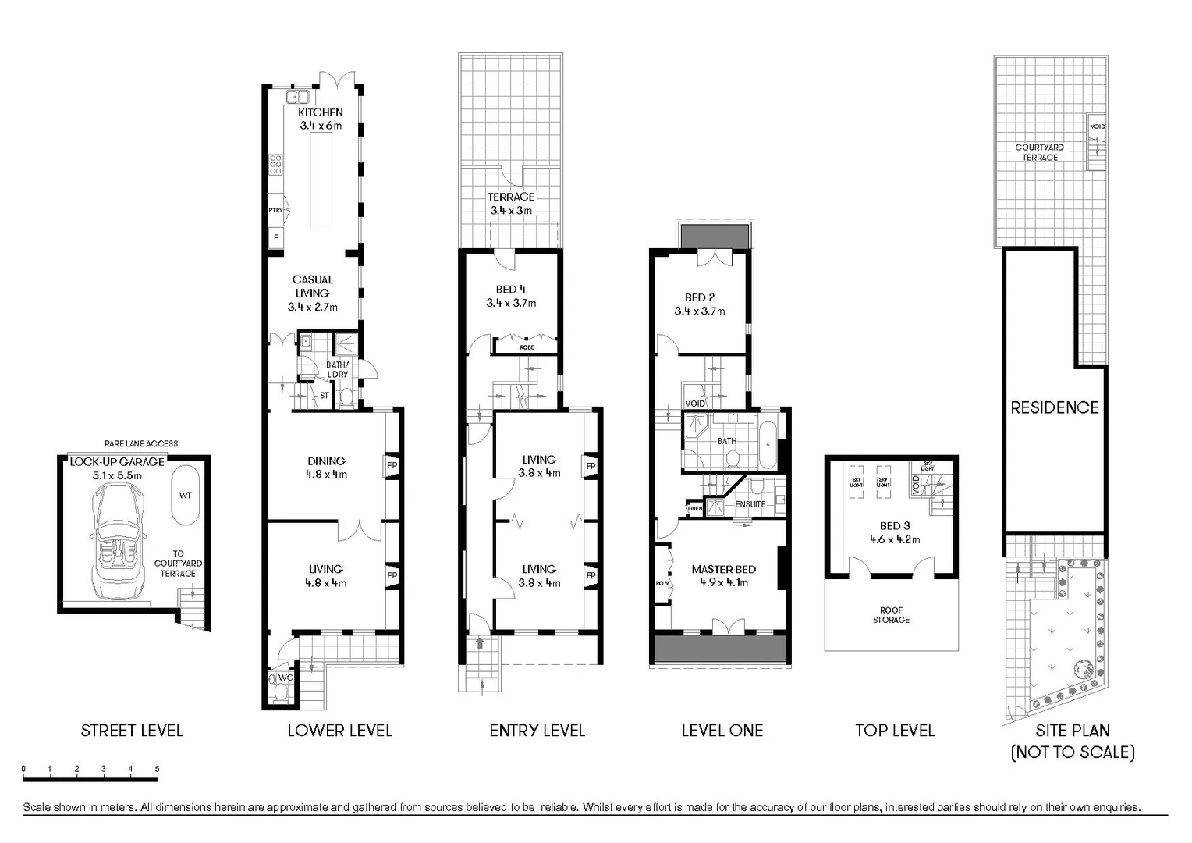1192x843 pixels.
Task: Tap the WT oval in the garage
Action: coord(186,495)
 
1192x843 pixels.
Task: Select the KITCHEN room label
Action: coord(320,112)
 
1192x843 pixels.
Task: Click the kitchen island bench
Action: coord(320,179)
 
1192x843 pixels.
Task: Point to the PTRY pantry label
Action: coord(275,210)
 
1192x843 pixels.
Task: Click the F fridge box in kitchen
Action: coord(275,237)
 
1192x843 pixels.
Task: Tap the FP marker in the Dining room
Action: coord(392,466)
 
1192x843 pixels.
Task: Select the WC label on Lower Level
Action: coord(286,678)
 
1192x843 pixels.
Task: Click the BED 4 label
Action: coord(511,290)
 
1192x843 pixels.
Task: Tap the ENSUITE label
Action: coord(750,504)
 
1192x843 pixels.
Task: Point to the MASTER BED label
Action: coord(723,569)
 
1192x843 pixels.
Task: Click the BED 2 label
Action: coord(700,297)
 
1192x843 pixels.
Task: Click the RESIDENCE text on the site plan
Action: coord(1055,407)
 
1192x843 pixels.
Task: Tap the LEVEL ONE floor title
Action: coord(722,731)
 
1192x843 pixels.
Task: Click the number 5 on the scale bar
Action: coord(157,770)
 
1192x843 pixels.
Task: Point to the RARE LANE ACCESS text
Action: coord(141,443)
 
